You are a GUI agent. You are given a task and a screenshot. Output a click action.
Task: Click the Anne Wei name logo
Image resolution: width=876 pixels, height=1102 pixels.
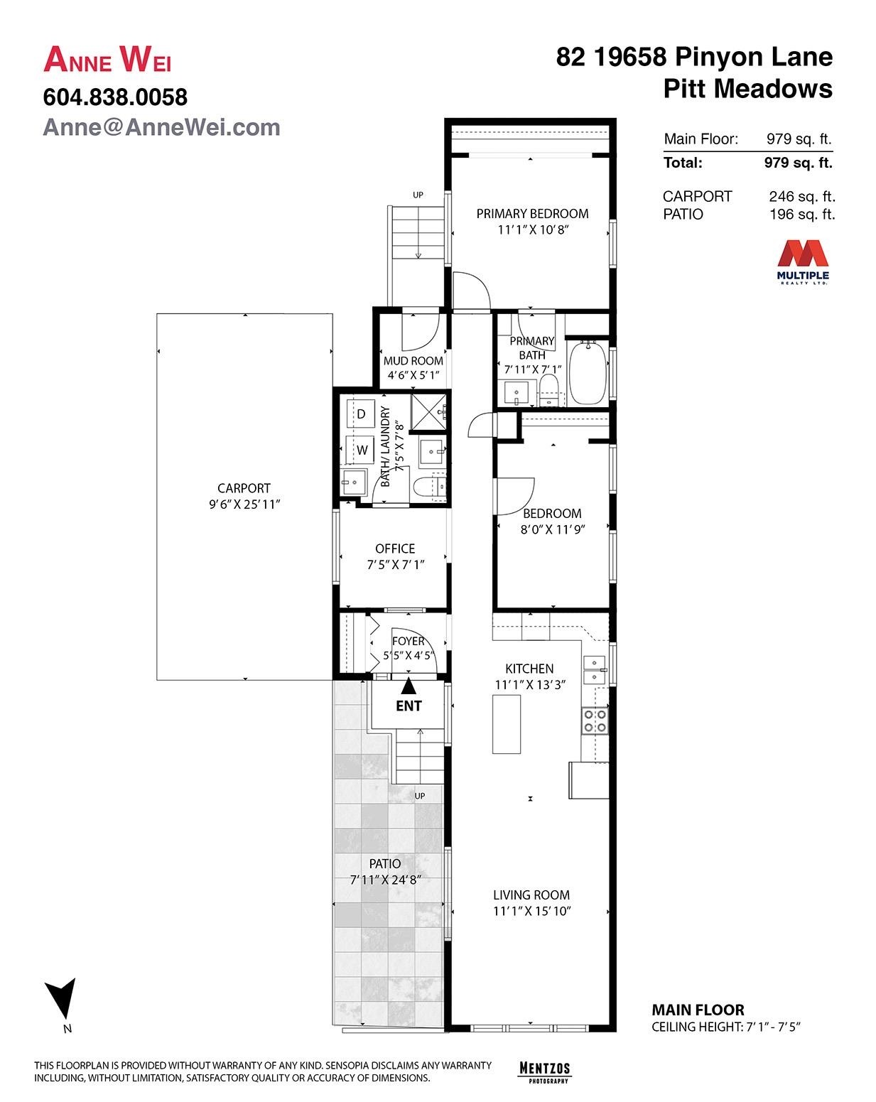click(x=107, y=60)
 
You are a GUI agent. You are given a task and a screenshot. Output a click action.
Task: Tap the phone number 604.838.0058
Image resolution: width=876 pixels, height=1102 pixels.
click(x=115, y=97)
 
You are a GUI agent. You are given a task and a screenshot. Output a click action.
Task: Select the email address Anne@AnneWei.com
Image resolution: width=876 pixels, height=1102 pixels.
click(x=161, y=127)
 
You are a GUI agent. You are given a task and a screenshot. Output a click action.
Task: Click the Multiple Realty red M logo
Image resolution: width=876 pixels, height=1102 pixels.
click(x=802, y=254)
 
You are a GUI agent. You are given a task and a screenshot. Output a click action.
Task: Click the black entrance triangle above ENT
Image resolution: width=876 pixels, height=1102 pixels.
click(x=408, y=686)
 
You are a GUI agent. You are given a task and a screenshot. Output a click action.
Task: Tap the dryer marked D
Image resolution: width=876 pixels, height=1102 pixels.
click(x=360, y=414)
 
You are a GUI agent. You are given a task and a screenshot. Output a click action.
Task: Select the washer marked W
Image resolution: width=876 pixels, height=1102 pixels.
click(x=362, y=450)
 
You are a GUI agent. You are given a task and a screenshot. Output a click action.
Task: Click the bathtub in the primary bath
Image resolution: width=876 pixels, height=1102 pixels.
click(x=588, y=373)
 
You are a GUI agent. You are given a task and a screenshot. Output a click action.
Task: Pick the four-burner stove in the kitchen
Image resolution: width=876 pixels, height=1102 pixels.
click(x=595, y=720)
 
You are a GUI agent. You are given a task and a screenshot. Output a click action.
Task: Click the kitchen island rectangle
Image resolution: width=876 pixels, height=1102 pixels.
click(x=507, y=723)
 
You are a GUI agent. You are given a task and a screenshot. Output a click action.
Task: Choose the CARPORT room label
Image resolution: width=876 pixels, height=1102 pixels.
click(x=244, y=488)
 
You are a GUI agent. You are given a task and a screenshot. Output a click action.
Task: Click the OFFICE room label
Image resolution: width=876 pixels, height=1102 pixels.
click(x=395, y=549)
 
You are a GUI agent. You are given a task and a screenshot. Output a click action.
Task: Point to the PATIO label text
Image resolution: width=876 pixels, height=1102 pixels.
click(x=385, y=863)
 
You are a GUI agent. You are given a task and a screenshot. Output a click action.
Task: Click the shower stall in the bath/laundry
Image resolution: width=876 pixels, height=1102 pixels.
click(x=429, y=411)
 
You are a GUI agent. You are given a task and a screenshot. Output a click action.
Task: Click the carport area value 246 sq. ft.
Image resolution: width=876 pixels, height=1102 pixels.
click(x=802, y=196)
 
